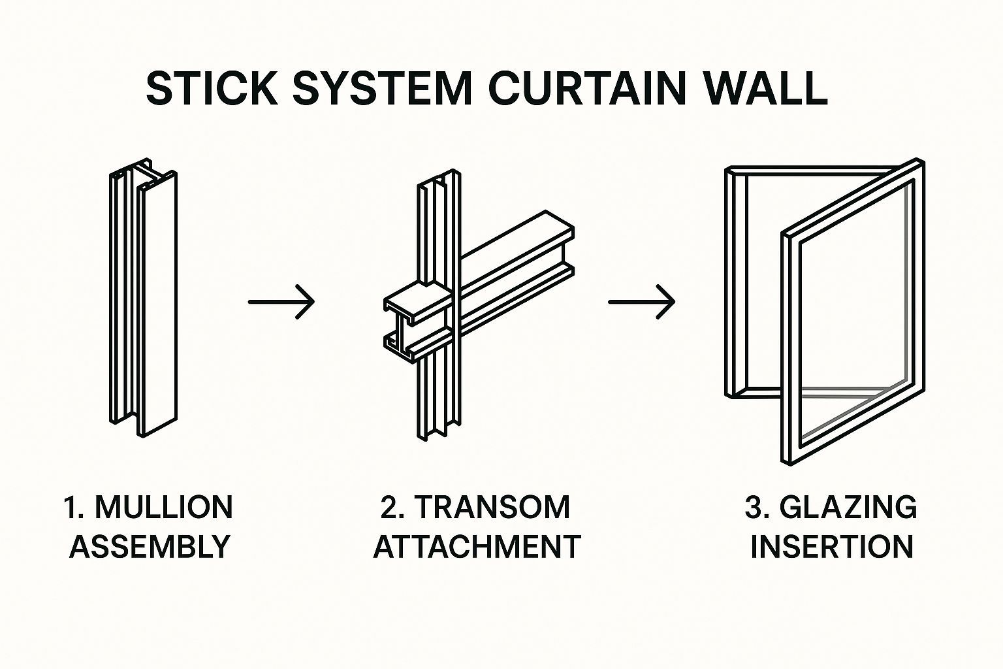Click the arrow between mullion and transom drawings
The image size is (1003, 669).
click(281, 301)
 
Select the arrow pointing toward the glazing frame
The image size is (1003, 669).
click(641, 301)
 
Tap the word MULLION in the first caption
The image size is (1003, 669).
click(163, 508)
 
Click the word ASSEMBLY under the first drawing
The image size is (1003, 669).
click(150, 546)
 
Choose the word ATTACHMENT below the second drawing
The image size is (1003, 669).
click(477, 546)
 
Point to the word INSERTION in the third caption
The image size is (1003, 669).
click(831, 546)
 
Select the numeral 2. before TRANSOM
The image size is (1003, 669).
click(393, 508)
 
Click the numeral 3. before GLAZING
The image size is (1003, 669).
click(757, 508)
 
